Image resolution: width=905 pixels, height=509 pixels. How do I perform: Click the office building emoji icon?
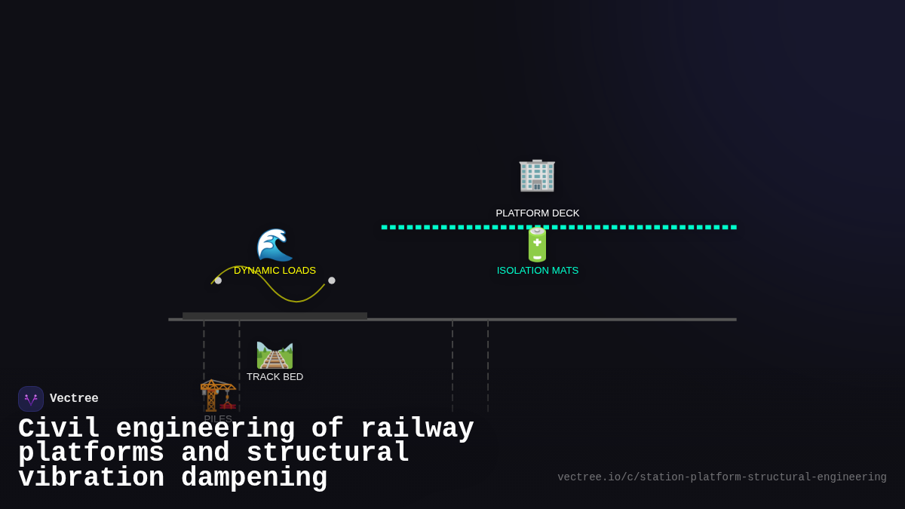537,175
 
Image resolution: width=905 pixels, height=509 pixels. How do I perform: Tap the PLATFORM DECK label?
538,213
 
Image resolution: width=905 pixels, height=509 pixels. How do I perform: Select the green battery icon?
537,244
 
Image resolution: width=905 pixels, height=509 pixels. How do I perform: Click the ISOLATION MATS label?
538,271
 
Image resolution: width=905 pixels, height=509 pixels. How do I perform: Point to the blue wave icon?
275,245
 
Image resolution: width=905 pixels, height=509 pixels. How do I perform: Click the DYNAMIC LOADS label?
275,271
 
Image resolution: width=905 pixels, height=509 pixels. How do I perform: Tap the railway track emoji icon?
275,355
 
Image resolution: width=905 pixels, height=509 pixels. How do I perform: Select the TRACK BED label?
275,377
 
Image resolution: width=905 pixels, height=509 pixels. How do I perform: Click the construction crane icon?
218,395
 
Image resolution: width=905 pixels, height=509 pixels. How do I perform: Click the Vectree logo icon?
31,399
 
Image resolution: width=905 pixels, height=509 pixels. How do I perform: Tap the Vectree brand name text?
74,399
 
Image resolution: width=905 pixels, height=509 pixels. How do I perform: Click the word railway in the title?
417,429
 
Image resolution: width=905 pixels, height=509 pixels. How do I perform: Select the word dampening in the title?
254,478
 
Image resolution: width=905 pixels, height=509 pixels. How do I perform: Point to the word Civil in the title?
59,429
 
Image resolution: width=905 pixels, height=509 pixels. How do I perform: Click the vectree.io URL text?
722,477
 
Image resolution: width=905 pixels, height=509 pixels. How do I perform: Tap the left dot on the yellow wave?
218,281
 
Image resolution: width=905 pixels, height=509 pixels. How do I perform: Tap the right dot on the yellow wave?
332,281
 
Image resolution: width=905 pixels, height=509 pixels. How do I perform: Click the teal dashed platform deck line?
641,227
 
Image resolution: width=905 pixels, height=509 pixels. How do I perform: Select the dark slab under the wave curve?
275,316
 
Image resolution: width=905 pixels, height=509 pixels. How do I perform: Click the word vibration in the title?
91,478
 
